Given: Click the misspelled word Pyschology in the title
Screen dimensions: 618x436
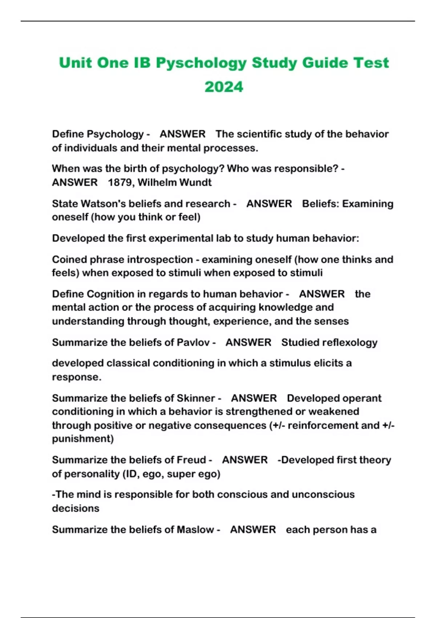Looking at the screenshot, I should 201,63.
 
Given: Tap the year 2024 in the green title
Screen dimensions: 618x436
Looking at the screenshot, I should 224,87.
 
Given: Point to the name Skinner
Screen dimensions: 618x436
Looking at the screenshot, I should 195,398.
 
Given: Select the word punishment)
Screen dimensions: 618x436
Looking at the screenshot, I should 83,439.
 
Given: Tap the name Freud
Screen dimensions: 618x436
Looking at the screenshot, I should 191,460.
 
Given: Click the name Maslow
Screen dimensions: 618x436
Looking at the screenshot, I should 195,530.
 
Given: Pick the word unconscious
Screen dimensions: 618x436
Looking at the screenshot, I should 323,494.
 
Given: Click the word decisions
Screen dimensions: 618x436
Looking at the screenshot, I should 76,508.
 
